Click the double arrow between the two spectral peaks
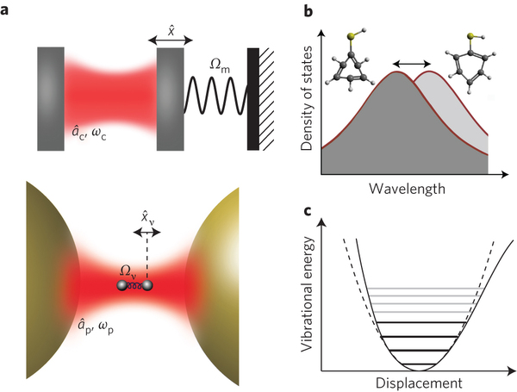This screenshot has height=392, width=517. point(412,65)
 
